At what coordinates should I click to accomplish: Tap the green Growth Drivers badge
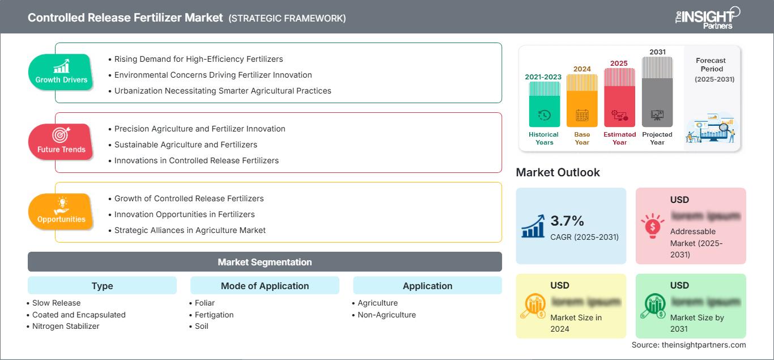click(x=61, y=72)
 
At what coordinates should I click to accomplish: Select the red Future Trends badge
click(x=61, y=142)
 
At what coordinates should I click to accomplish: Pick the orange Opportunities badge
click(x=61, y=211)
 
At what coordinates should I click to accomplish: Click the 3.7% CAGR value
click(x=567, y=221)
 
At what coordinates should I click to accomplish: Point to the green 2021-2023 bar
click(x=544, y=104)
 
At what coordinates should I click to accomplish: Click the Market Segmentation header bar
click(x=265, y=262)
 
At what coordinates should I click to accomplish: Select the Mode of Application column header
click(x=265, y=286)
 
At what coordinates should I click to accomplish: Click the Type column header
click(x=102, y=286)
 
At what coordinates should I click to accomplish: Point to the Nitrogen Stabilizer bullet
click(x=66, y=326)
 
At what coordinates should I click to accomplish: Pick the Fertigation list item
click(x=214, y=315)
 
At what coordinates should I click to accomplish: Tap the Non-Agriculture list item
click(x=386, y=315)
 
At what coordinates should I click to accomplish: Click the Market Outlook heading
click(x=558, y=172)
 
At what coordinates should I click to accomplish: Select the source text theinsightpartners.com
click(x=688, y=345)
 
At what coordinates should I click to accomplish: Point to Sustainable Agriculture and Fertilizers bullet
click(x=186, y=145)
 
